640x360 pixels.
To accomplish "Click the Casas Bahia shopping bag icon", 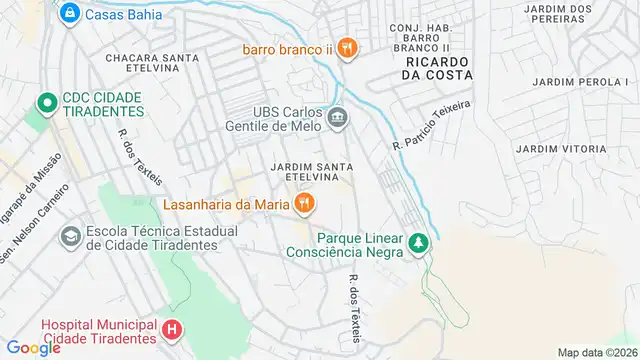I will coord(69,13).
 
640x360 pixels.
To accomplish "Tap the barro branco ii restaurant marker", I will coord(346,47).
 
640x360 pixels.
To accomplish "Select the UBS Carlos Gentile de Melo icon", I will coord(338,118).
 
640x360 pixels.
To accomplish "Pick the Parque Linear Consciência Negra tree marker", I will coord(422,244).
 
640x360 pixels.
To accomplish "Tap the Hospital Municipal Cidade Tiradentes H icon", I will coord(173,329).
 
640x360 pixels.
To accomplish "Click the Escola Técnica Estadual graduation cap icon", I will coord(71,237).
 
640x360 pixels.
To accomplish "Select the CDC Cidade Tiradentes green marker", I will coord(44,103).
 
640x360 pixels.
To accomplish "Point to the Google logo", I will coord(34,348).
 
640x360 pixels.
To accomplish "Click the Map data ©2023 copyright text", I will coord(596,352).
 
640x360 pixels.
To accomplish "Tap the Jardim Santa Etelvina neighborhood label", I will coord(309,171).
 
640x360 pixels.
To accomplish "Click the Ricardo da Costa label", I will coord(437,68).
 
